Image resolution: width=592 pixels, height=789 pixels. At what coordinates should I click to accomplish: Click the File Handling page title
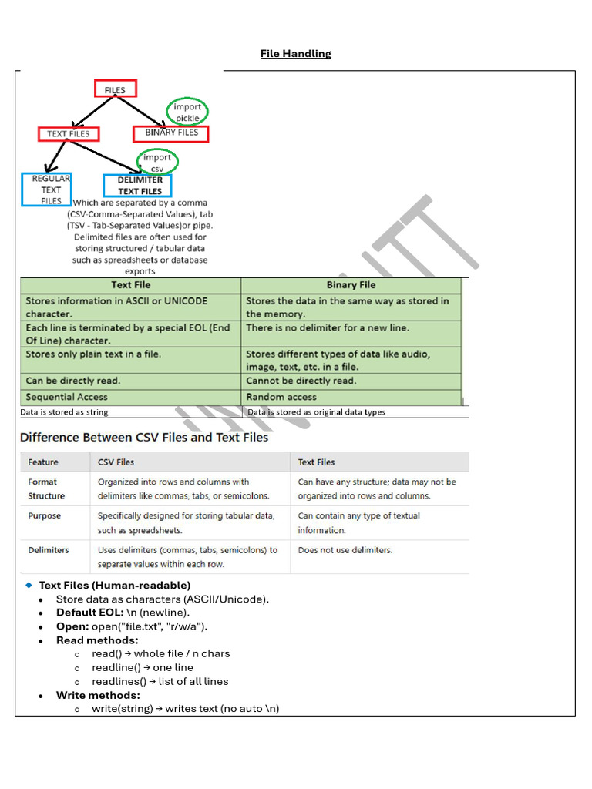pyautogui.click(x=295, y=54)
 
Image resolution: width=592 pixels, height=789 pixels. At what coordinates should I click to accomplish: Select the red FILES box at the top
pyautogui.click(x=115, y=89)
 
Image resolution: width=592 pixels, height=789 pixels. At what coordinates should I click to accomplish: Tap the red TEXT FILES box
pyautogui.click(x=68, y=134)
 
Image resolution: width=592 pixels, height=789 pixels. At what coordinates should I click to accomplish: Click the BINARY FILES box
pyautogui.click(x=171, y=133)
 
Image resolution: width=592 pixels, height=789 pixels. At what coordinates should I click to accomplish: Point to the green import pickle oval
pyautogui.click(x=187, y=112)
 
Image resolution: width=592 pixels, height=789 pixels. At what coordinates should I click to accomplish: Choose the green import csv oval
pyautogui.click(x=157, y=163)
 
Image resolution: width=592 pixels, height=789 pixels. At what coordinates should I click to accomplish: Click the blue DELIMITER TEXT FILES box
pyautogui.click(x=138, y=186)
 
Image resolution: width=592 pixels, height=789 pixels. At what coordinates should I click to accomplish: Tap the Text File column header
pyautogui.click(x=131, y=285)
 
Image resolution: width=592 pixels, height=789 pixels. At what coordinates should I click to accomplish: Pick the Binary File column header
pyautogui.click(x=351, y=285)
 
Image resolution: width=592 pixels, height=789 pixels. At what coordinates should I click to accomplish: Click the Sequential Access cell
pyautogui.click(x=67, y=397)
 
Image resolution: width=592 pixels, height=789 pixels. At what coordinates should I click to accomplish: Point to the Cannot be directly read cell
pyautogui.click(x=301, y=381)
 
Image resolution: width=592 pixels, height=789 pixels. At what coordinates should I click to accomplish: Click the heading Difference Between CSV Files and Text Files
pyautogui.click(x=144, y=437)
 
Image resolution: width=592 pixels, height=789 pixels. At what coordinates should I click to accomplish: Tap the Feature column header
pyautogui.click(x=43, y=462)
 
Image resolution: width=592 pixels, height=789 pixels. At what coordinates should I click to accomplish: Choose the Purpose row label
pyautogui.click(x=45, y=515)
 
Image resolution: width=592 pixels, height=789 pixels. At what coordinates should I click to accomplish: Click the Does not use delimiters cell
pyautogui.click(x=345, y=550)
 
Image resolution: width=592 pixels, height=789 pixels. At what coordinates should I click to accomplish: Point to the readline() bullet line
pyautogui.click(x=143, y=667)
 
